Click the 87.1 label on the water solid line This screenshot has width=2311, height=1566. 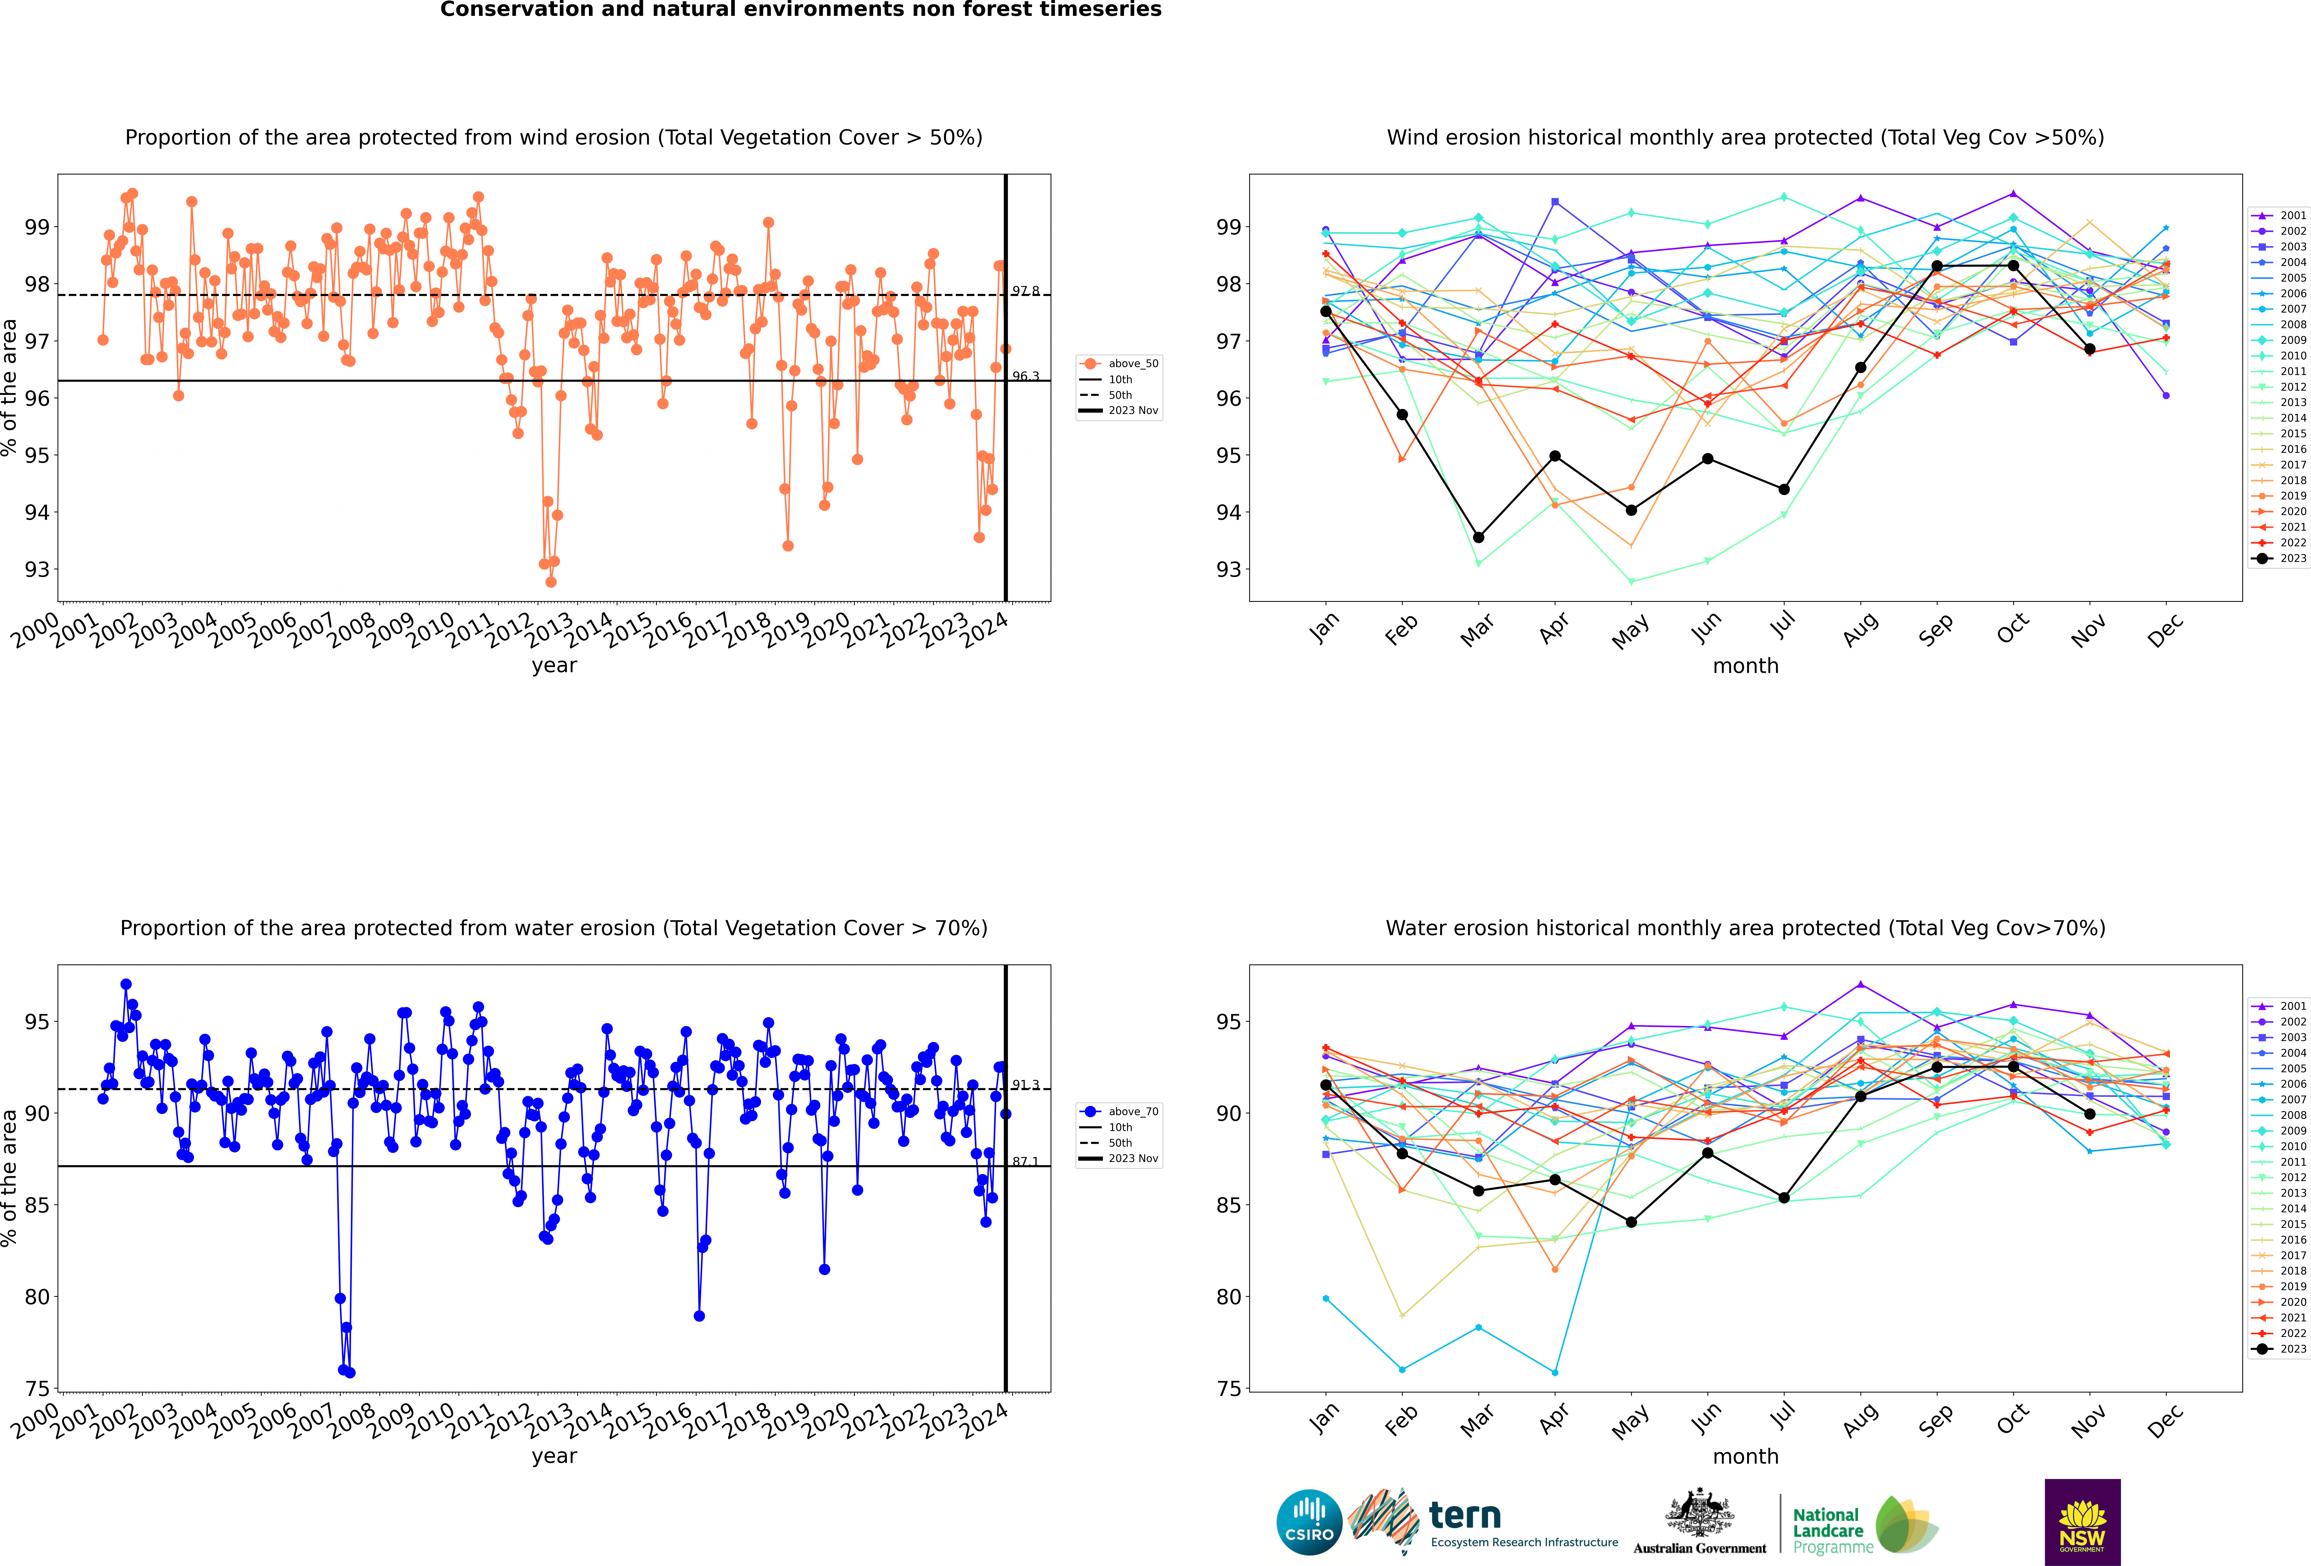(1025, 1161)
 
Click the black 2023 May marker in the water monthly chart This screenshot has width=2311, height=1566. (1631, 1222)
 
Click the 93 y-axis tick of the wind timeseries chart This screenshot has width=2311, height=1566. (37, 570)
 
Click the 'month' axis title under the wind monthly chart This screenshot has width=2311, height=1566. (1745, 666)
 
